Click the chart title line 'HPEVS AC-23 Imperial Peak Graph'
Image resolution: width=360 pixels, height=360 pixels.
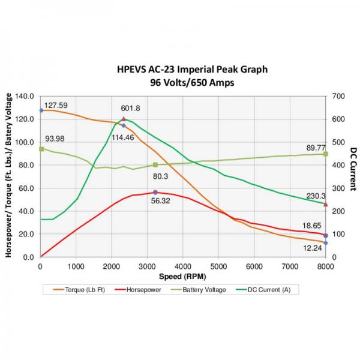coord(192,70)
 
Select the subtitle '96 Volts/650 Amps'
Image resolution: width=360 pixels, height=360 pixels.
coord(192,83)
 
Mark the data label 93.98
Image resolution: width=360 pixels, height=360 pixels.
coord(55,139)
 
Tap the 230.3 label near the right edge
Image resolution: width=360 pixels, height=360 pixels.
coord(316,196)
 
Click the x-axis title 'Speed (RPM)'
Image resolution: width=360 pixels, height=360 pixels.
coord(182,277)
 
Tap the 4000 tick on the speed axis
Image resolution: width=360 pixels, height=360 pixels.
coord(183,266)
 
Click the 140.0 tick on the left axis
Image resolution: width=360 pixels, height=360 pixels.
coord(24,96)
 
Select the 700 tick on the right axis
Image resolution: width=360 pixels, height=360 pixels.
coord(339,96)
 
